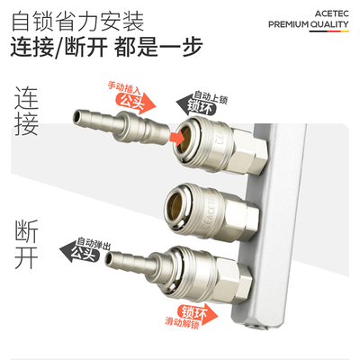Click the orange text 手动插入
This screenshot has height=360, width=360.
[x=122, y=86]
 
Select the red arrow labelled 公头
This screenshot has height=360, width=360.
[x=135, y=100]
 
